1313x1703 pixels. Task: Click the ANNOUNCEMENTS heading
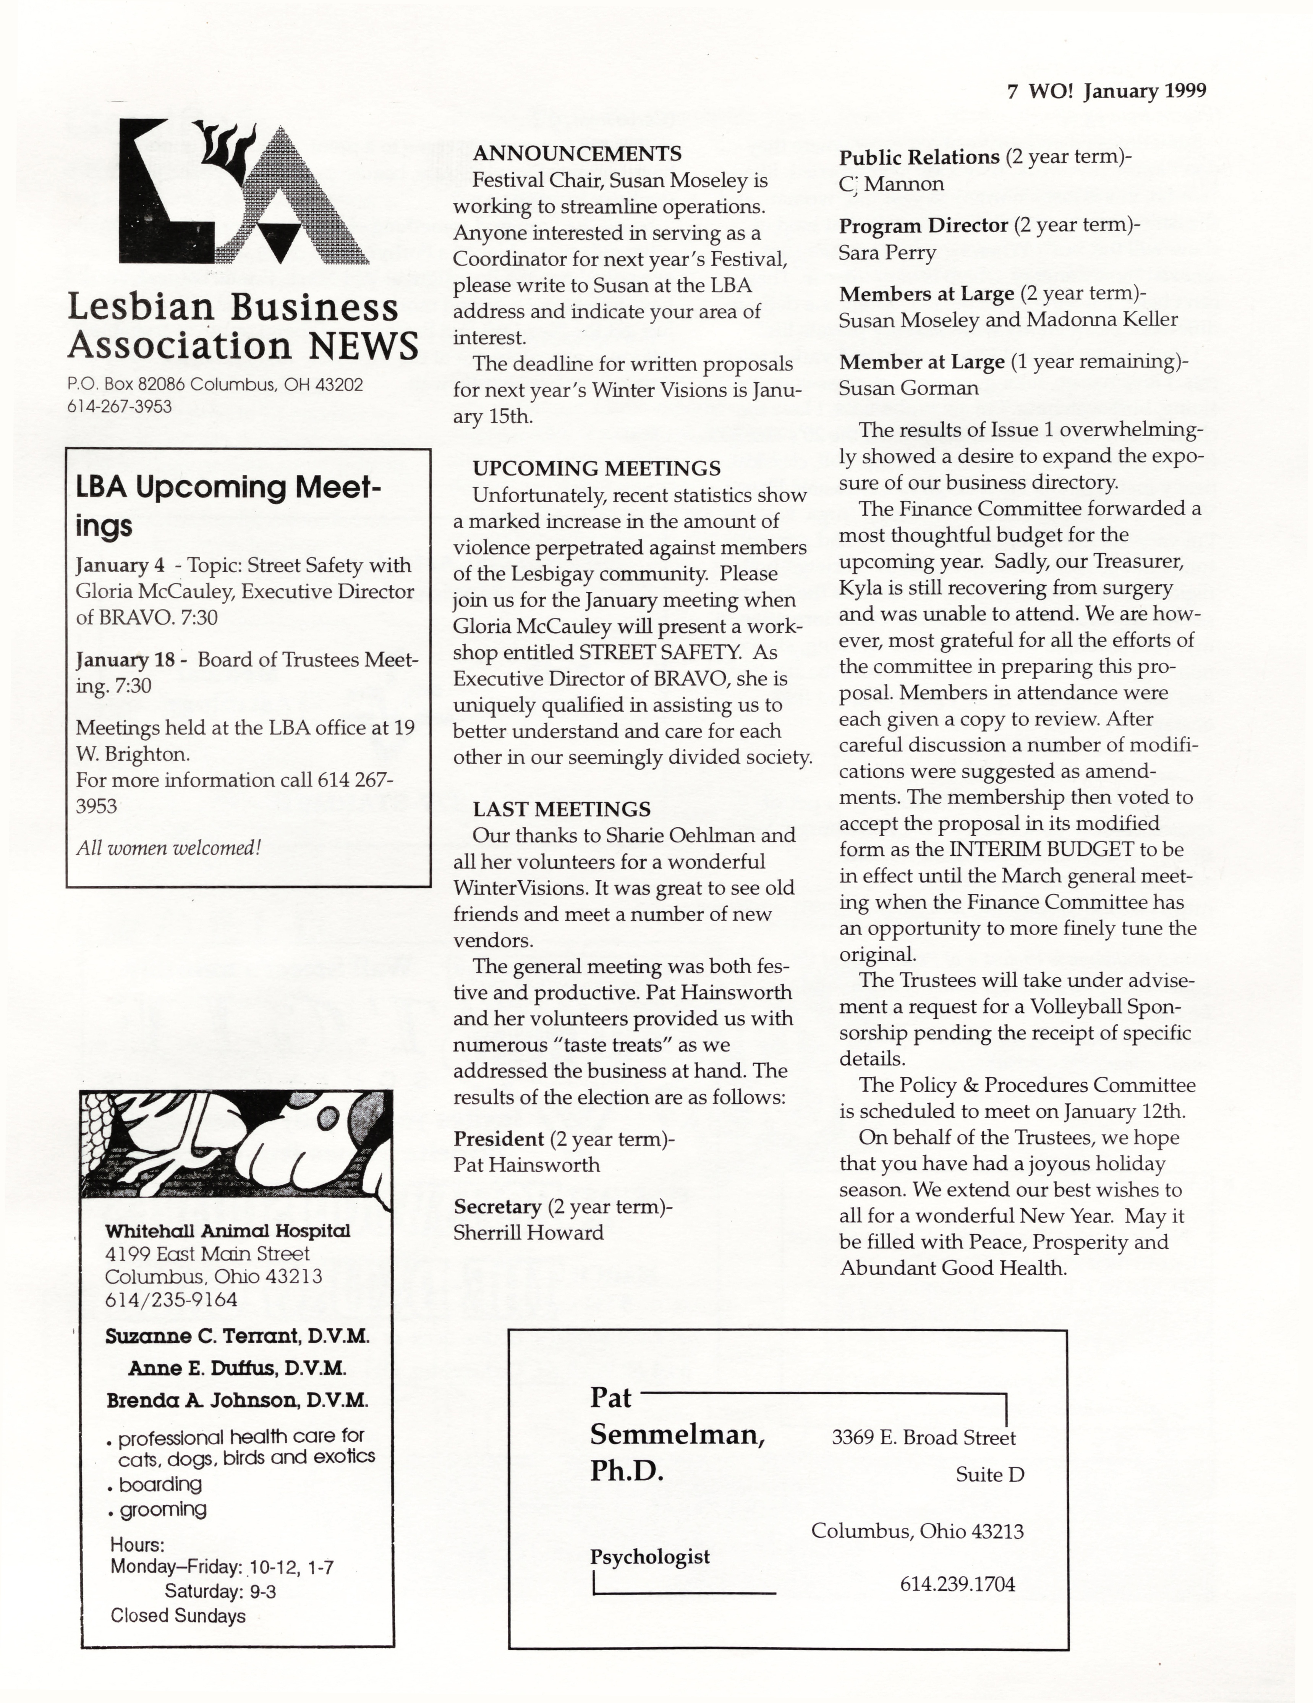(577, 154)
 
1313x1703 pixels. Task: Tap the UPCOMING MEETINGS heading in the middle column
(596, 469)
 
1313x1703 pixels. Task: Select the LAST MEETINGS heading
(562, 809)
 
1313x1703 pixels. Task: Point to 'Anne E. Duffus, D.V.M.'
(237, 1368)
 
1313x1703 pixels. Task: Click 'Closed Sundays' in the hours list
(178, 1616)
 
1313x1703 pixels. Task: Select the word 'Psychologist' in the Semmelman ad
(649, 1557)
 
